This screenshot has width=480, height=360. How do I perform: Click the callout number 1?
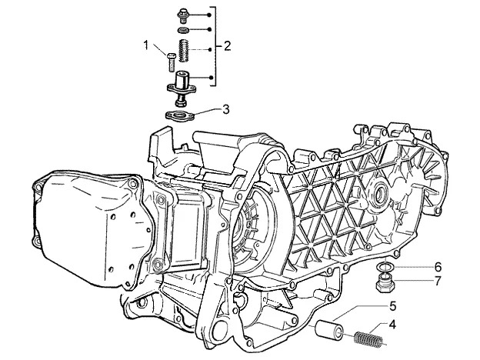click(x=146, y=45)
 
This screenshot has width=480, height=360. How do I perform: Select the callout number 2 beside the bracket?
click(x=227, y=46)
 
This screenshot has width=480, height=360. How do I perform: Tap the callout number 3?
click(x=225, y=109)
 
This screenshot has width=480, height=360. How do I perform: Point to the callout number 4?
click(x=392, y=324)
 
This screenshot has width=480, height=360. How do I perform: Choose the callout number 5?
click(x=393, y=306)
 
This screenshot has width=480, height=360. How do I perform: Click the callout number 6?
click(x=438, y=267)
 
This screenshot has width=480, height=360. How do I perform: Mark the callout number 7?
click(x=438, y=281)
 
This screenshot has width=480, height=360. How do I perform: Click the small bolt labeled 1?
click(x=171, y=62)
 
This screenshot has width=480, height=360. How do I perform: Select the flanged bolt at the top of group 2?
click(x=183, y=16)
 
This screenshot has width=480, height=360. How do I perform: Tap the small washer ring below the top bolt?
click(x=183, y=30)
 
